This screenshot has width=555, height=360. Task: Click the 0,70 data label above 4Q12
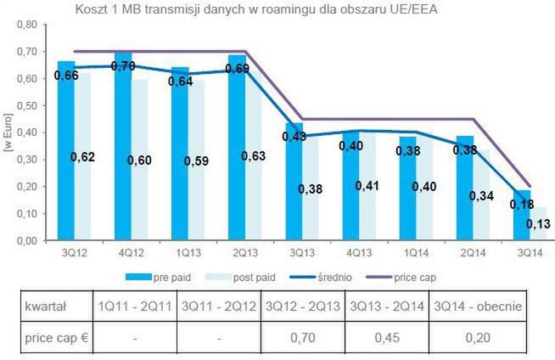tap(124, 67)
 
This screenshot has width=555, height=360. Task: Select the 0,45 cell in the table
tap(388, 339)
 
